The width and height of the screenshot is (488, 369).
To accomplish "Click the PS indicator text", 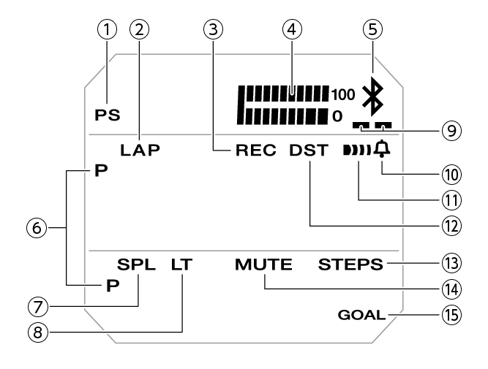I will tap(108, 115).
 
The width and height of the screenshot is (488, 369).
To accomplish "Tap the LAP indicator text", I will tap(141, 151).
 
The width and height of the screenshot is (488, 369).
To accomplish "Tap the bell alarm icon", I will tap(381, 150).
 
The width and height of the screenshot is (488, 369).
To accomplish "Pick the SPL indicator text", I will tap(136, 265).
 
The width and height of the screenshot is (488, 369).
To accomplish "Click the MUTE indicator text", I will tap(263, 265).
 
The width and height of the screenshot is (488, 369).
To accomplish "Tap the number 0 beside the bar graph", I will tap(337, 115).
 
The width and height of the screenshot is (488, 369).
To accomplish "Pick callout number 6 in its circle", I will tap(37, 228).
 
